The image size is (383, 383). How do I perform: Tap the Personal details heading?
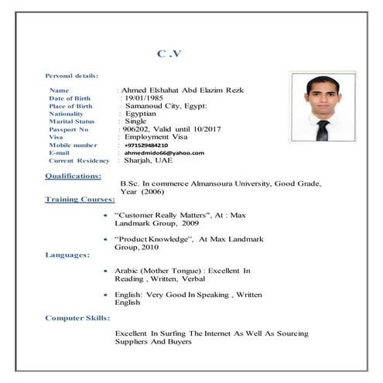(72, 76)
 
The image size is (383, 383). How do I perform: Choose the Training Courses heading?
(80, 200)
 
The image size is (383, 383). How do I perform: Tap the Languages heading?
(67, 255)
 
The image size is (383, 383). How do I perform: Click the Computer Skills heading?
(77, 318)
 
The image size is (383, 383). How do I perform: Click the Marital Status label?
(72, 121)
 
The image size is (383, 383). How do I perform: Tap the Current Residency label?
(80, 160)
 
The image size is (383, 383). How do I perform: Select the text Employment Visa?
(162, 136)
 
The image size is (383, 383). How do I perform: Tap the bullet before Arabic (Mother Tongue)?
(104, 272)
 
